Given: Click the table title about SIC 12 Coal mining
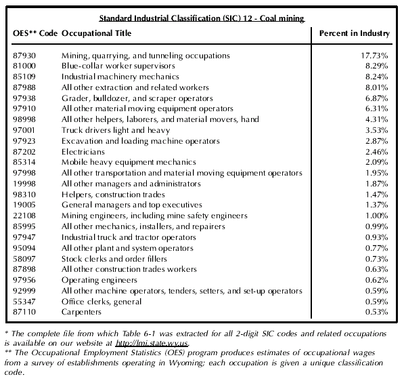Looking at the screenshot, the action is pyautogui.click(x=202, y=18).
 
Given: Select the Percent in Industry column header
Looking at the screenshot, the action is pyautogui.click(x=355, y=33).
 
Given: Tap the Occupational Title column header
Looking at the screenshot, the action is pyautogui.click(x=96, y=33).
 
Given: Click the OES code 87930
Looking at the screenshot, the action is pyautogui.click(x=24, y=56).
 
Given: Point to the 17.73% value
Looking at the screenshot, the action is pyautogui.click(x=374, y=56).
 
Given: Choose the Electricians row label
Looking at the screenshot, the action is pyautogui.click(x=83, y=152).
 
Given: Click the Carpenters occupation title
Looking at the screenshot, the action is pyautogui.click(x=81, y=312).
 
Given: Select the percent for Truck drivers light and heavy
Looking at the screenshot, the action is pyautogui.click(x=377, y=130).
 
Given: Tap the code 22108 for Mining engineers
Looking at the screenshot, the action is pyautogui.click(x=24, y=216).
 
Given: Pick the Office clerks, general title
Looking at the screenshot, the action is pyautogui.click(x=102, y=302).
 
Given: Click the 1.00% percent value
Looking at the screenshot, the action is pyautogui.click(x=377, y=216).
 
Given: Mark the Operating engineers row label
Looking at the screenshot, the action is pyautogui.click(x=99, y=280).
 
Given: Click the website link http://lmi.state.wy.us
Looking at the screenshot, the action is pyautogui.click(x=152, y=344).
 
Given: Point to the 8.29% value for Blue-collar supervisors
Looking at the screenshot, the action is pyautogui.click(x=377, y=66).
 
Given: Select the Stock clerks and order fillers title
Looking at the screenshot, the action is pyautogui.click(x=114, y=259).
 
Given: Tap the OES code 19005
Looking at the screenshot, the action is pyautogui.click(x=24, y=205).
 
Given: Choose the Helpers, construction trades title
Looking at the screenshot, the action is pyautogui.click(x=113, y=195).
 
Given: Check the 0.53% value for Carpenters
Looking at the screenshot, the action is pyautogui.click(x=377, y=312).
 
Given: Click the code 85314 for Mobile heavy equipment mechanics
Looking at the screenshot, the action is pyautogui.click(x=24, y=162).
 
